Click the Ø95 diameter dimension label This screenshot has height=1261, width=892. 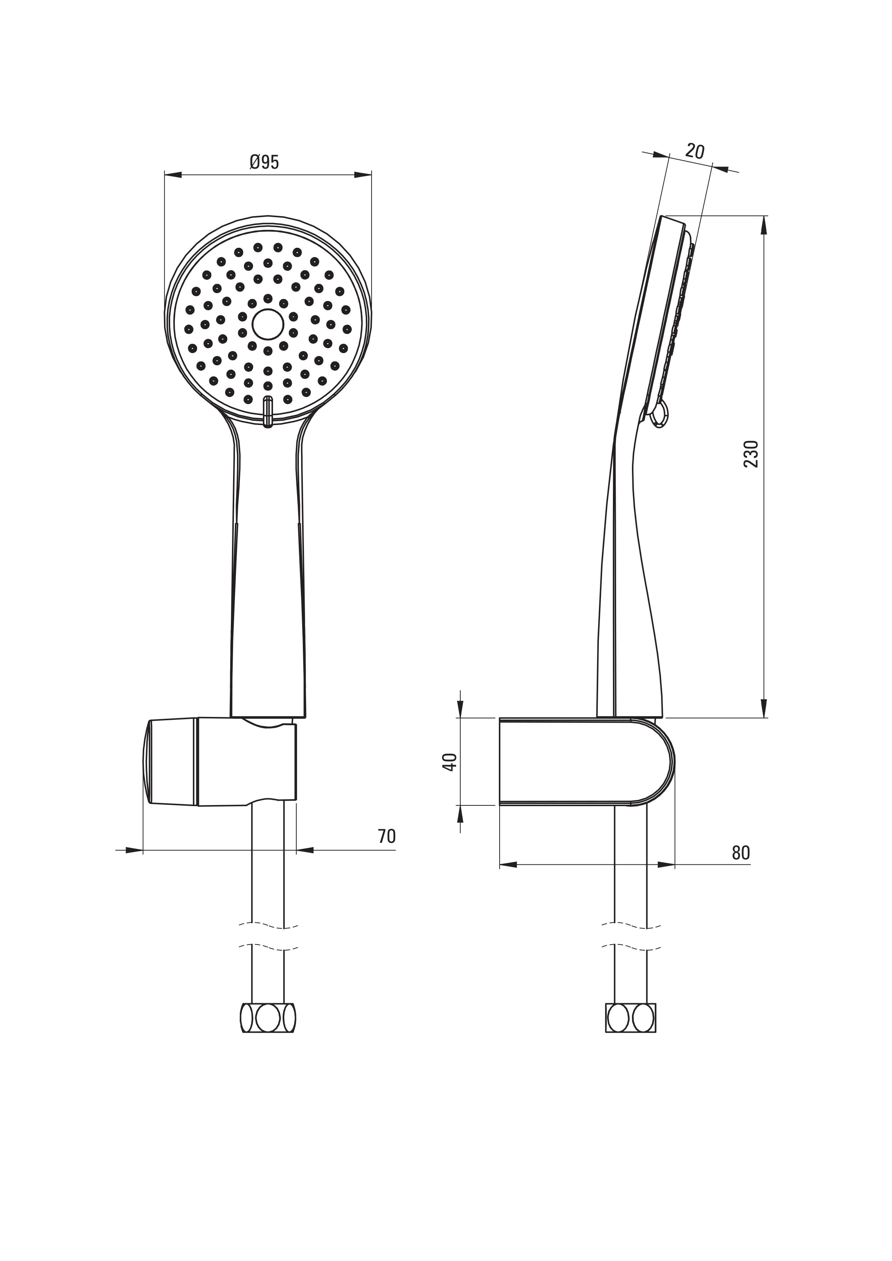264,162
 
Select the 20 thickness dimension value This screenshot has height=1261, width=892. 695,151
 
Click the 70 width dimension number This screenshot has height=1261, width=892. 387,836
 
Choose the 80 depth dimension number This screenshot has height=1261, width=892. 741,853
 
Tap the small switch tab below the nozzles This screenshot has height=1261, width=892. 268,411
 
